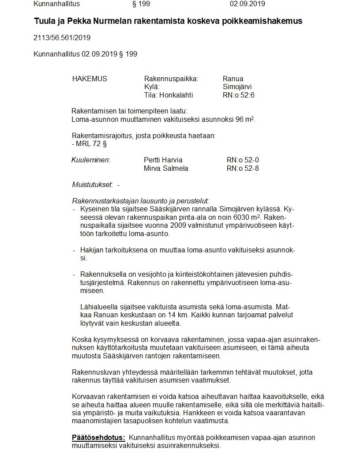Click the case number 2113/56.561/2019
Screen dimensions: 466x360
pyautogui.click(x=62, y=38)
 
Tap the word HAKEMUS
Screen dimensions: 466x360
pyautogui.click(x=90, y=79)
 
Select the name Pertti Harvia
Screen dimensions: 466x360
pyautogui.click(x=163, y=160)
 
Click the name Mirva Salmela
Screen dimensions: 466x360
pyautogui.click(x=166, y=168)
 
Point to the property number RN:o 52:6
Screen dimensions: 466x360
pyautogui.click(x=239, y=95)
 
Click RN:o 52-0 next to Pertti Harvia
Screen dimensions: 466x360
pyautogui.click(x=243, y=160)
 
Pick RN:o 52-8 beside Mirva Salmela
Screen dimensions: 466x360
pyautogui.click(x=243, y=168)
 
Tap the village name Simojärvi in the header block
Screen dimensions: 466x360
pyautogui.click(x=237, y=87)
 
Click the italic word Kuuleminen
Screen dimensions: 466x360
pyautogui.click(x=90, y=160)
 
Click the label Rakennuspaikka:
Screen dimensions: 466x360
pyautogui.click(x=171, y=79)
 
